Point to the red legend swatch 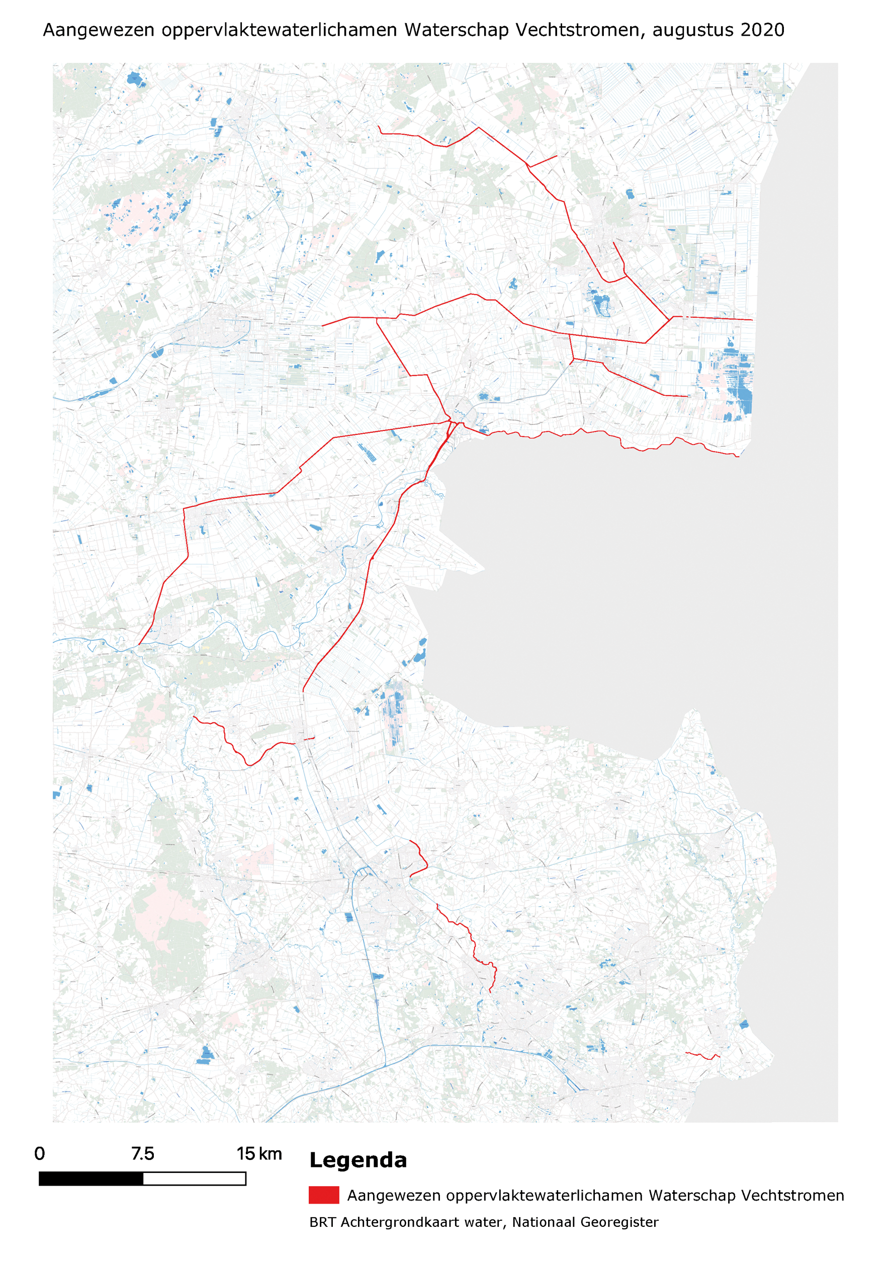pyautogui.click(x=323, y=1195)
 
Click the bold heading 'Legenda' pyautogui.click(x=358, y=1160)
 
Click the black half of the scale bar pyautogui.click(x=91, y=1179)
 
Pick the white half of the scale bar pyautogui.click(x=194, y=1179)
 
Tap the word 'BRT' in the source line pyautogui.click(x=322, y=1222)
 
